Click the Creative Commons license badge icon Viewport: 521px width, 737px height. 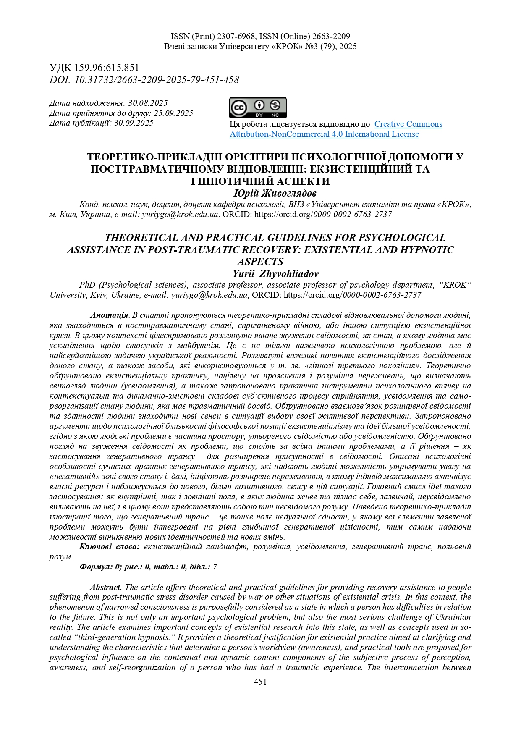(x=258, y=108)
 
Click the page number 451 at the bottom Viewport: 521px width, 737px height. (x=260, y=682)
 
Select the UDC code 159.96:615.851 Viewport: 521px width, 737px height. (x=107, y=68)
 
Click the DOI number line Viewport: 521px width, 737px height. (x=144, y=80)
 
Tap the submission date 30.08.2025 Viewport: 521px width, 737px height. (x=148, y=103)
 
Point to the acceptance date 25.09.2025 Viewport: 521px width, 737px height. (x=173, y=113)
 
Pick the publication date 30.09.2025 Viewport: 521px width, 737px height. (x=134, y=123)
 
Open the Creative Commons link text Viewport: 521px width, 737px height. (x=408, y=124)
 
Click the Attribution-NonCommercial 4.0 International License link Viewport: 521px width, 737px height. (x=324, y=134)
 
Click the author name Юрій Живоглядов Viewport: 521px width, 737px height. (x=275, y=193)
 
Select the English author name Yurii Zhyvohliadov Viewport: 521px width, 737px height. (x=275, y=274)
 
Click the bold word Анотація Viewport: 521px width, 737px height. (x=109, y=315)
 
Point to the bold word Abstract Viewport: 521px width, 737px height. (x=106, y=587)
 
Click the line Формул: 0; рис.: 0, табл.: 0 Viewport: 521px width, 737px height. (x=148, y=567)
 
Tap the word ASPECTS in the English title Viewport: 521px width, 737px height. (x=260, y=262)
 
